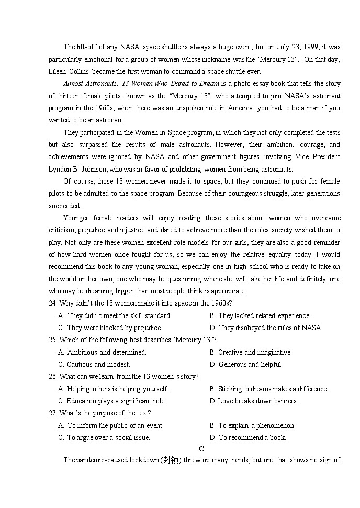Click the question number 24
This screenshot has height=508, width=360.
coord(53,303)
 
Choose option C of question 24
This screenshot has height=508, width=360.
coord(61,328)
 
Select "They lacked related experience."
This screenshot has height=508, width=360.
coord(264,315)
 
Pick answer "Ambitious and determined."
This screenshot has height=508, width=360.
coord(107,352)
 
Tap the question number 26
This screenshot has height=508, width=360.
coord(53,376)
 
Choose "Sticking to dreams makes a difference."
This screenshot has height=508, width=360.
coord(273,389)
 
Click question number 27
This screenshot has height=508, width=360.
coord(53,413)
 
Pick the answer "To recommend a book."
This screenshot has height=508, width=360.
coord(252,438)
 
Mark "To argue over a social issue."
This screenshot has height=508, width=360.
coord(108,438)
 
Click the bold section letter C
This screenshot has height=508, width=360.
coord(201,449)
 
